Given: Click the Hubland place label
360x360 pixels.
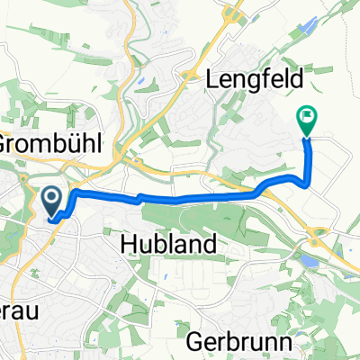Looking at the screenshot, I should (x=167, y=244).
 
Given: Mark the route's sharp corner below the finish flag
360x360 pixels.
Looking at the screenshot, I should (x=308, y=184).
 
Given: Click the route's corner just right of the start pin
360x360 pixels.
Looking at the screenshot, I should (x=74, y=193).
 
